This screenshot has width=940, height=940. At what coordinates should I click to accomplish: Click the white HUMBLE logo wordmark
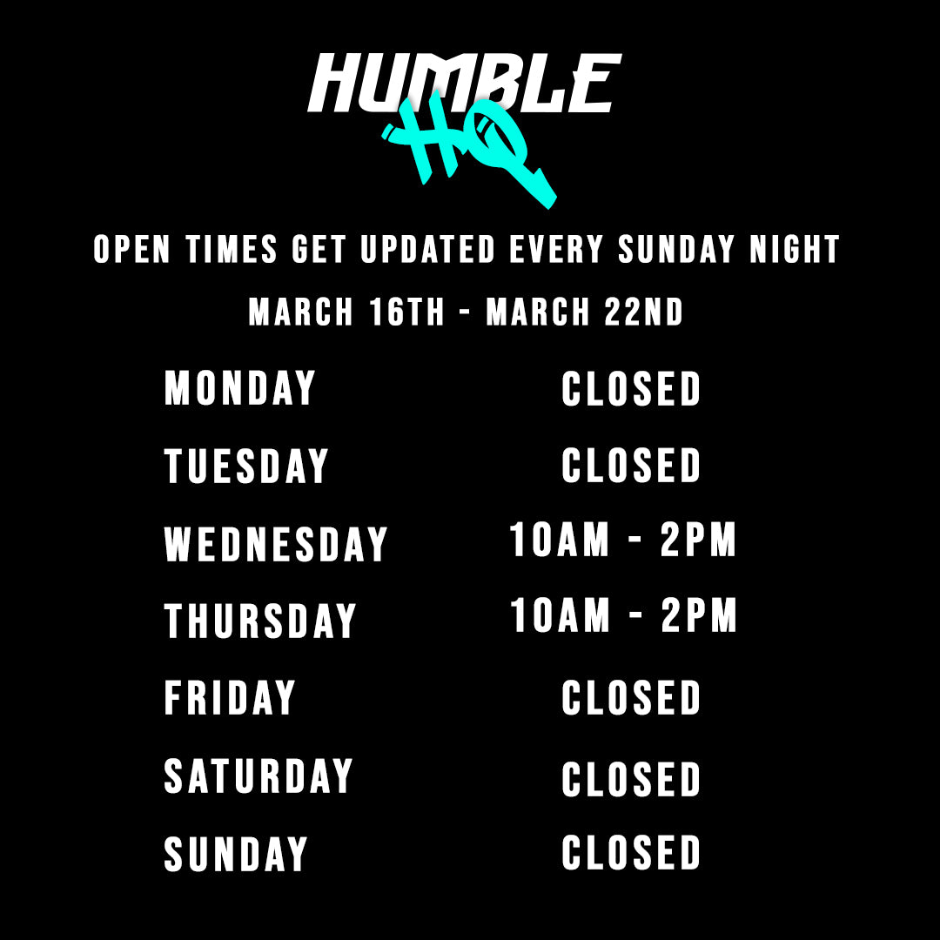(x=465, y=83)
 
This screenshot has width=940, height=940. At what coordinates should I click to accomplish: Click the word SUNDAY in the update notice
(x=676, y=249)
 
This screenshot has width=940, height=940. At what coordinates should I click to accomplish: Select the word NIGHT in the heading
(x=795, y=249)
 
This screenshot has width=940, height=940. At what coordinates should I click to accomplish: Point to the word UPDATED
(x=428, y=249)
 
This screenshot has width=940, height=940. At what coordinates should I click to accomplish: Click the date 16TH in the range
(x=406, y=312)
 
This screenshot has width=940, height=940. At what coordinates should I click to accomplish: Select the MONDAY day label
(x=240, y=388)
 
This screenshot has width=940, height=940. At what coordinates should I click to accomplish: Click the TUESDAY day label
(x=246, y=466)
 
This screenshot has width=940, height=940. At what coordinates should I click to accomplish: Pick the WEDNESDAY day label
(x=276, y=544)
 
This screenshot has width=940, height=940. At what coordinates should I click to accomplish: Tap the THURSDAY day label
(x=260, y=621)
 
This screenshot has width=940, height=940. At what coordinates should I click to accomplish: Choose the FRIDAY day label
(x=230, y=697)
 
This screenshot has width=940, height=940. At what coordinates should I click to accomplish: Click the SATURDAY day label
(x=258, y=775)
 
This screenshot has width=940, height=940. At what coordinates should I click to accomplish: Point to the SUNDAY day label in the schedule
(x=236, y=854)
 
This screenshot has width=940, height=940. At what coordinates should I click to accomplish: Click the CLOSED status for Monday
(x=631, y=388)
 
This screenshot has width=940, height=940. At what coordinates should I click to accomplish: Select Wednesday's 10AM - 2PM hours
(x=622, y=539)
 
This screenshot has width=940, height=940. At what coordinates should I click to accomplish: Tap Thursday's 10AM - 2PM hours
(x=622, y=615)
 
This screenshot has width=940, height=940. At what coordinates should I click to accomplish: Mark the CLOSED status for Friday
(x=631, y=697)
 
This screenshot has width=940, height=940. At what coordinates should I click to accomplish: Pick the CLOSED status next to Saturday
(x=631, y=779)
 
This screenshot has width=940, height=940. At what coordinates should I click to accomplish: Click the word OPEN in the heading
(x=132, y=249)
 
